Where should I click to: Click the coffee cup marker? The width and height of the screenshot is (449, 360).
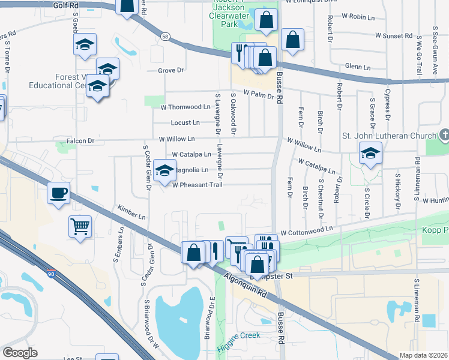(58, 193)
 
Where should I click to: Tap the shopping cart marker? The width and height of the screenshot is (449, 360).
(79, 227)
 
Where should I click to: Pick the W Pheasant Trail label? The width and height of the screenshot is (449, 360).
(197, 185)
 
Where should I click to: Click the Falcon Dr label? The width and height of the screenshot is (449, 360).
(83, 141)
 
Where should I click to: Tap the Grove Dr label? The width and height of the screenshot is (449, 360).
(170, 70)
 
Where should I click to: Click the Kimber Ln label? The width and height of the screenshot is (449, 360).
(131, 211)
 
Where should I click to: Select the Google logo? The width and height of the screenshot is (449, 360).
(20, 352)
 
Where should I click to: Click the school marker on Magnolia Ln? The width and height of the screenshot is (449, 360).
(164, 170)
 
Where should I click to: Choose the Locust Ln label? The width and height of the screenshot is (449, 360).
(185, 122)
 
